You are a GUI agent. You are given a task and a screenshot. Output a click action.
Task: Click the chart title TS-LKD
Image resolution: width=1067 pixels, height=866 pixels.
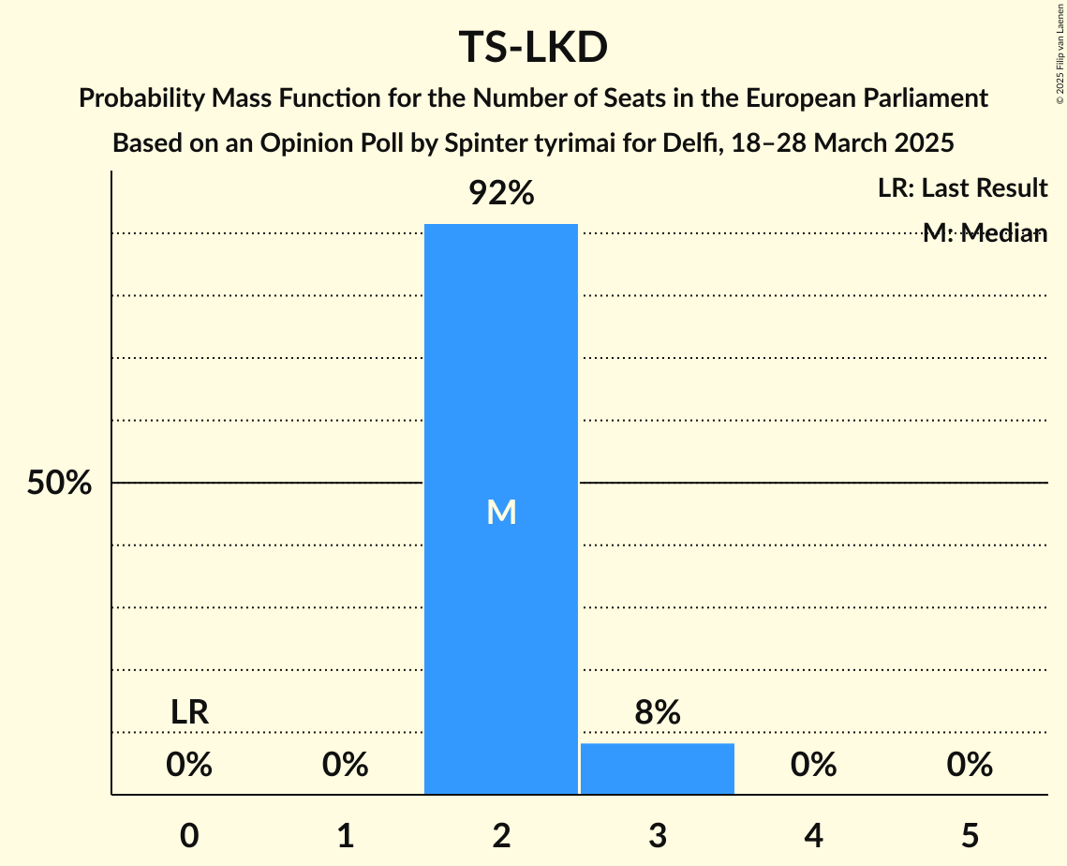point(533,48)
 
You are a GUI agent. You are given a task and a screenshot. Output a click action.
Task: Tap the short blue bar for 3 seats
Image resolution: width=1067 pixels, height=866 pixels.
point(657,769)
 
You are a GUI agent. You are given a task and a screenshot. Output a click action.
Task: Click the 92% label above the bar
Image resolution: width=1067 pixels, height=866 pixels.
point(501,194)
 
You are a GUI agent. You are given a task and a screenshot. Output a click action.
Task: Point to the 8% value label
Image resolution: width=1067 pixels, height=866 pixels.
point(657,713)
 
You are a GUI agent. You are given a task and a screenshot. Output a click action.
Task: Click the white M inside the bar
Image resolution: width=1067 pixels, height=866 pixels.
point(501,512)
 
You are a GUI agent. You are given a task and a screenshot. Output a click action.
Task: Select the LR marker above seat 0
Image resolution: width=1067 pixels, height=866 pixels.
point(189,713)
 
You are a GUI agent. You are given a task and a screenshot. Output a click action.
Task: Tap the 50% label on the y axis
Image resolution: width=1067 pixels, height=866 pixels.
point(59,484)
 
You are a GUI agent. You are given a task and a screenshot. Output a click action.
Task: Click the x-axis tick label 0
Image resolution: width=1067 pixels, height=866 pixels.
point(189,835)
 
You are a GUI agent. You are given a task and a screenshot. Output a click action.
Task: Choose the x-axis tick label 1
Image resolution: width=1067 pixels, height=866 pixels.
point(345,835)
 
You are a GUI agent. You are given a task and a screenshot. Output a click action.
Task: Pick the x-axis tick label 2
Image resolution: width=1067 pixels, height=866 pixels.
point(501,835)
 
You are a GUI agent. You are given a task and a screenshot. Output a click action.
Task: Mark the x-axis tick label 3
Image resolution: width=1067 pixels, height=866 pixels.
point(657,835)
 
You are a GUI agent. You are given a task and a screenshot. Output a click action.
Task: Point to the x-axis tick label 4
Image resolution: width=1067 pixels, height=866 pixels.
point(813,835)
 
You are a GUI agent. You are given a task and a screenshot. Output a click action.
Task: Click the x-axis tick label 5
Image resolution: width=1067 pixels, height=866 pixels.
point(969,835)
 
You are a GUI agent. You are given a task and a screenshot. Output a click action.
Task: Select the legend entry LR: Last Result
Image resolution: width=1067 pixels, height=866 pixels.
point(962,188)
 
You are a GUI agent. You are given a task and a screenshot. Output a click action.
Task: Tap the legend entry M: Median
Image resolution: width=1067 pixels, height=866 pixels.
point(984,233)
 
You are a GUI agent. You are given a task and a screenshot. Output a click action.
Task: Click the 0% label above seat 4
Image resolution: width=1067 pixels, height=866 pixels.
point(813,766)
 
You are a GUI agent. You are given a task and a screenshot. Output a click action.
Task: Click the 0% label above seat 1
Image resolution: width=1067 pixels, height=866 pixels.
point(345,766)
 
